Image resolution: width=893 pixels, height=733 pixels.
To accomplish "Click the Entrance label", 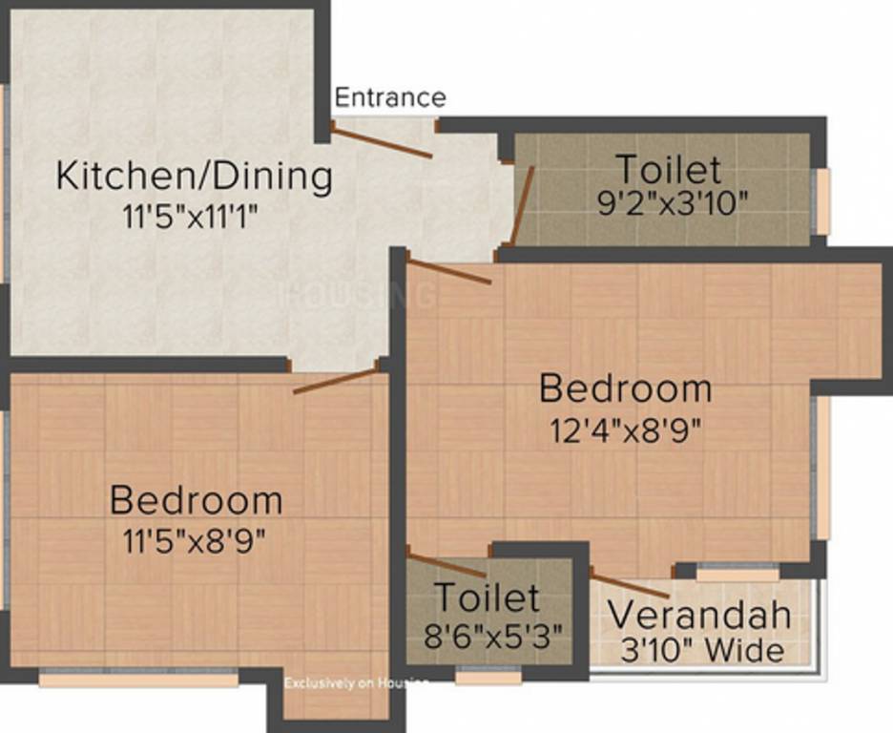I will pos(390,97).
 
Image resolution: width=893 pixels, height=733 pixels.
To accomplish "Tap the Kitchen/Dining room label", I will pos(195,177).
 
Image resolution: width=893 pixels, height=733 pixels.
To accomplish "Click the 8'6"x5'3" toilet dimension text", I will pos(486,633).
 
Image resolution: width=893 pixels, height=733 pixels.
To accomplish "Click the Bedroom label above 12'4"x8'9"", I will pos(625,389).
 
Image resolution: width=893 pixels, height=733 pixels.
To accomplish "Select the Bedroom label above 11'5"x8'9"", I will pos(196,500).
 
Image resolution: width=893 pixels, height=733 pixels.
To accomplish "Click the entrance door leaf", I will pos(382,140).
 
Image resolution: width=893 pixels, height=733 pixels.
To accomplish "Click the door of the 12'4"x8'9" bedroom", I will pos(448,270).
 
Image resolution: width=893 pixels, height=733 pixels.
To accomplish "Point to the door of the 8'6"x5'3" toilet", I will pos(446,564).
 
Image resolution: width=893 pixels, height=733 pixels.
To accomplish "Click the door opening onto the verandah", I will pos(630,584).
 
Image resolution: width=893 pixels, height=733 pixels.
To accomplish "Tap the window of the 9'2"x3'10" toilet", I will pos(821,201).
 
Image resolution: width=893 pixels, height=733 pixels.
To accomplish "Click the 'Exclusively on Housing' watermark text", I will pos(355,682).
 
